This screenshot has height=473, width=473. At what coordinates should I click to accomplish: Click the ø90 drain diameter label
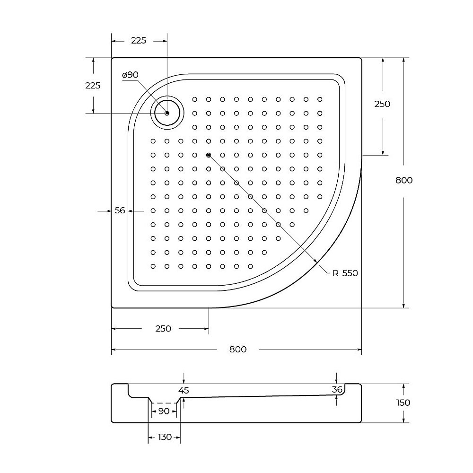130,75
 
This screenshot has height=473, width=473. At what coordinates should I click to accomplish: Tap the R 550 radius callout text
345,273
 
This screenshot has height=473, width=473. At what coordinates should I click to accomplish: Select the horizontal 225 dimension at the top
138,41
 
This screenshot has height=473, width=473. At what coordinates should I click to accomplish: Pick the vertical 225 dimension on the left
93,86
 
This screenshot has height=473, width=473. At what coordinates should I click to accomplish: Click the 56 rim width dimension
120,210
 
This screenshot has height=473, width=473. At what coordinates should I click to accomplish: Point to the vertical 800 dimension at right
403,180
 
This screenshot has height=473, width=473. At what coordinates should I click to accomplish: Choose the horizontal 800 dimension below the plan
238,350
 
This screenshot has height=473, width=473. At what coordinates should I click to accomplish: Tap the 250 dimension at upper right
382,104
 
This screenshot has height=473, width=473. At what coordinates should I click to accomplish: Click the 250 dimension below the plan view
163,329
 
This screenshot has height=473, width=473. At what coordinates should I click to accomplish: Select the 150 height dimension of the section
403,403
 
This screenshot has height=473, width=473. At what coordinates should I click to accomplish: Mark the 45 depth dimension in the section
184,390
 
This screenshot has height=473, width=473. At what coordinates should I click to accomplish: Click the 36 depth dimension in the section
337,389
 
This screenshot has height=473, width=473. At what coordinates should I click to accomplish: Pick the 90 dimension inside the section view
164,411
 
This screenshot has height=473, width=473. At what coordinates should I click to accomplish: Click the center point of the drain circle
167,113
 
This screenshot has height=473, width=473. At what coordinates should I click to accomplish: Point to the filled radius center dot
208,155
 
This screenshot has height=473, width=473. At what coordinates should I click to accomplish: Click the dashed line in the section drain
164,403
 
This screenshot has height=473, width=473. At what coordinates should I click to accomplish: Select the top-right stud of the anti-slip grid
320,99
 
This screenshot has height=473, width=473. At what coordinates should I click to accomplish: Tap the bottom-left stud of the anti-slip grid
153,266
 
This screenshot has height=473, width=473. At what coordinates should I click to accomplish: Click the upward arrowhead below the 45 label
184,400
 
